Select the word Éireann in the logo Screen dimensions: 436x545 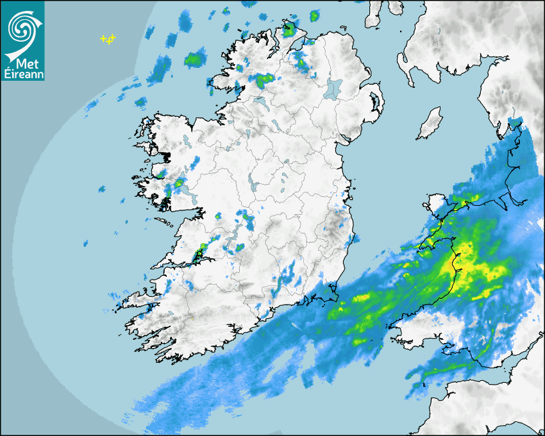[x=23, y=74]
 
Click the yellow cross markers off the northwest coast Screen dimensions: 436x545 [x=108, y=40]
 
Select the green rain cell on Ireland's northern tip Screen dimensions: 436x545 [x=289, y=29]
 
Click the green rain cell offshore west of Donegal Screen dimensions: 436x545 [x=193, y=61]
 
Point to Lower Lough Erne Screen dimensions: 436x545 [x=262, y=103]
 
